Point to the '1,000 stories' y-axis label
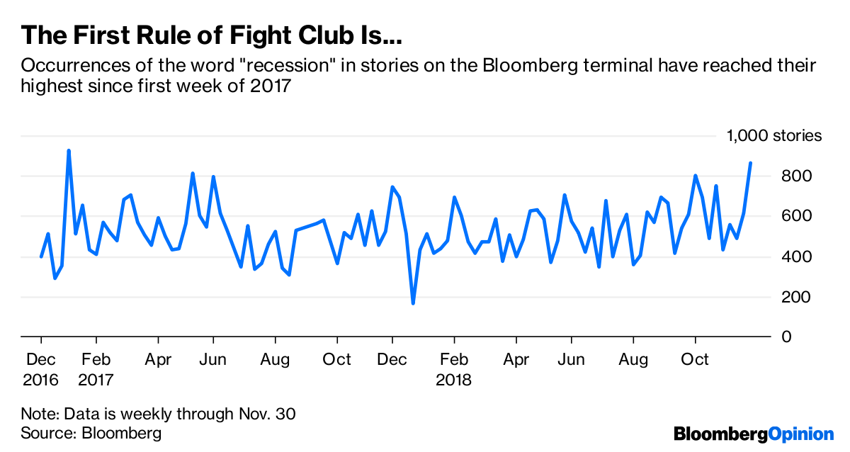tap(774, 136)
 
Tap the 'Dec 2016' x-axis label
tap(41, 369)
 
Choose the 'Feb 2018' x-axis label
tap(454, 369)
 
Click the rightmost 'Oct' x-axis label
tap(695, 360)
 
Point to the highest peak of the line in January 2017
tap(69, 150)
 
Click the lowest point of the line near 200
tap(413, 303)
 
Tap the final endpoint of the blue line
tap(751, 163)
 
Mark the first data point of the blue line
tap(41, 256)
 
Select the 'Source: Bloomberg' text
tap(91, 433)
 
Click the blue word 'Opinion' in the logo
tap(801, 434)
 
